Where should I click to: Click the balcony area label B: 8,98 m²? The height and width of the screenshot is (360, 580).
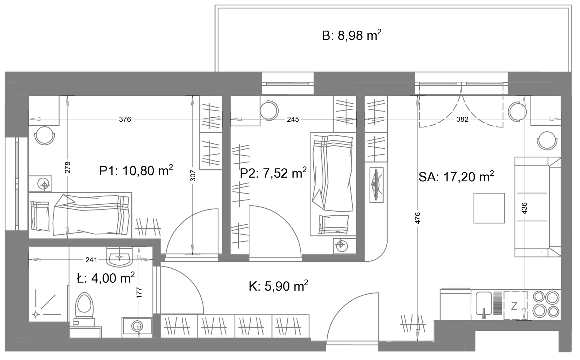coord(352,35)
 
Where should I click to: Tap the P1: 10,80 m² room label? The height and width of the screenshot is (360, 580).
coord(136,170)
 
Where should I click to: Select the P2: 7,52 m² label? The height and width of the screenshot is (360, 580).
coord(273,173)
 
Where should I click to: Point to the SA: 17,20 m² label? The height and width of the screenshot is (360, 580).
coord(456,177)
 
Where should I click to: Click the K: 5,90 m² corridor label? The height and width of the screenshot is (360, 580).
coord(278,286)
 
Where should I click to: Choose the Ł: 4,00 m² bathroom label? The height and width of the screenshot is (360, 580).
coord(106,278)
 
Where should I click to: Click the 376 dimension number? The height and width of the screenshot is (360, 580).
coord(125,119)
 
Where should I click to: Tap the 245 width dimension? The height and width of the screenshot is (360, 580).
coord(293,119)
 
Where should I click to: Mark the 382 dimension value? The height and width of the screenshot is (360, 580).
coord(462,119)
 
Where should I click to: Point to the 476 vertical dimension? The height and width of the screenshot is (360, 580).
coord(417,218)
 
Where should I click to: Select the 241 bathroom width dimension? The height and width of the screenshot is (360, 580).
coord(91,260)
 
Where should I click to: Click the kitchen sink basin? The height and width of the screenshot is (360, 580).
coord(484,303)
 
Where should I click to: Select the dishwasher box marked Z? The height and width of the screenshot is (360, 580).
coord(515,305)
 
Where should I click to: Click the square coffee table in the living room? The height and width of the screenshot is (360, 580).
coord(489,208)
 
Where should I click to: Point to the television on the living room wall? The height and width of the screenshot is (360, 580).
coord(376,185)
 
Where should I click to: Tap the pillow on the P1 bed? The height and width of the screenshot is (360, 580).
coord(40,216)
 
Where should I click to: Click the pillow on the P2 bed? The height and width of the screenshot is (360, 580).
coord(334,224)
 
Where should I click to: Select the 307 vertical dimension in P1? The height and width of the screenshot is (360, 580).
coord(193,175)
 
